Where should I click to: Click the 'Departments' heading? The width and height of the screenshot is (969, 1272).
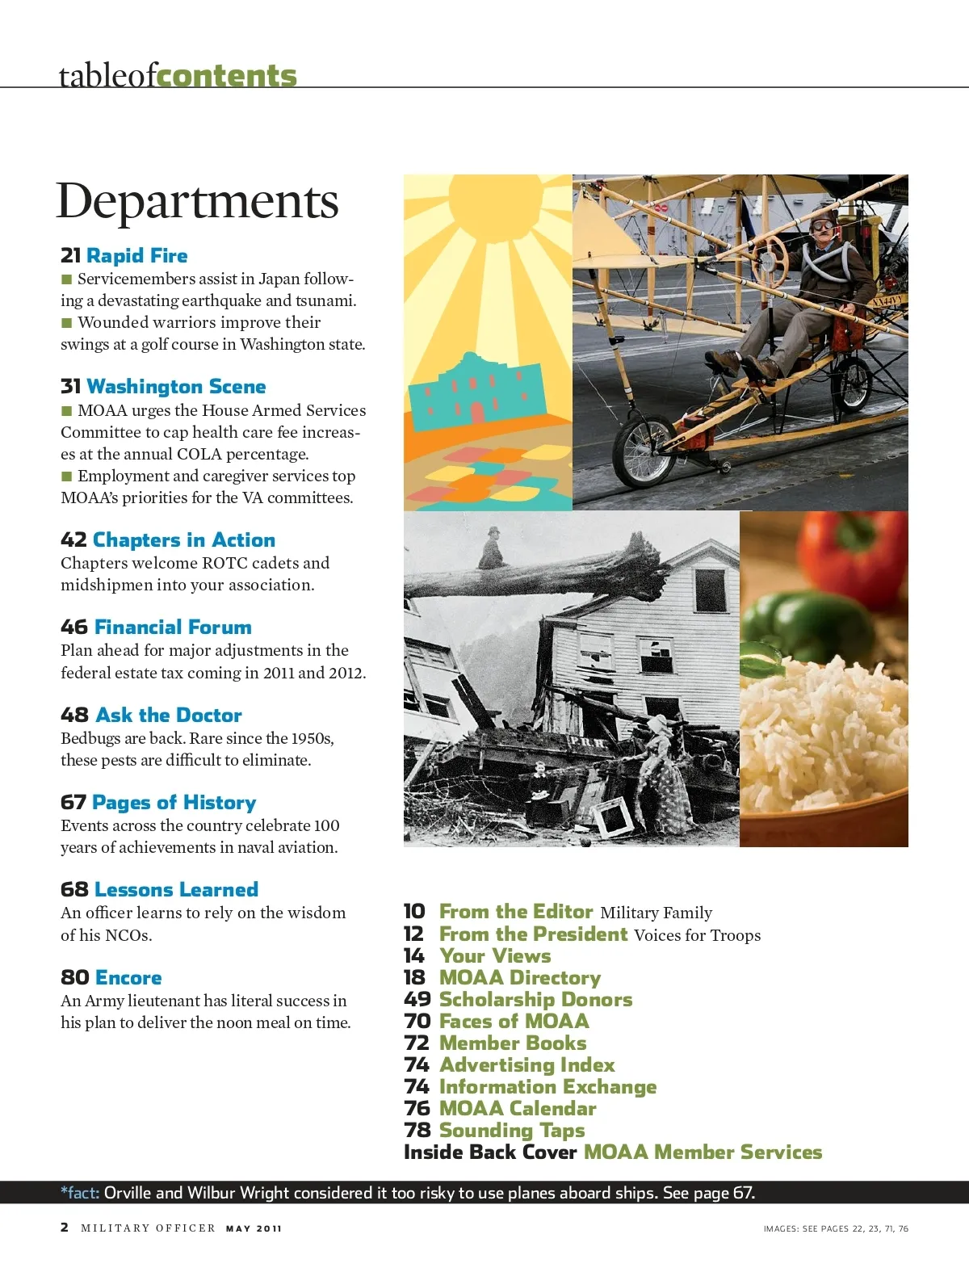coord(197,201)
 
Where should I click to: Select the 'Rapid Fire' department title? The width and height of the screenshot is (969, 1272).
coord(136,256)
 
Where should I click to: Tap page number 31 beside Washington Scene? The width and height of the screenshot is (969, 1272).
coord(70,387)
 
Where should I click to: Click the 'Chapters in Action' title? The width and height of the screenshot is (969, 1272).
coord(183,539)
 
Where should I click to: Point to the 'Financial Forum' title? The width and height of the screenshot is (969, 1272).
coord(172,628)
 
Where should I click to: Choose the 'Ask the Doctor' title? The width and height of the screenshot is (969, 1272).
coord(168,716)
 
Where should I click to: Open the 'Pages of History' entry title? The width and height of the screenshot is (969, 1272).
coord(174,803)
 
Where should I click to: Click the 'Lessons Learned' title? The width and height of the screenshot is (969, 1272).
coord(176,890)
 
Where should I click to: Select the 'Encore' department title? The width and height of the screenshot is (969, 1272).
coord(128,978)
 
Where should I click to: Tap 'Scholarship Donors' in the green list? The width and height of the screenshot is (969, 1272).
coord(535,1000)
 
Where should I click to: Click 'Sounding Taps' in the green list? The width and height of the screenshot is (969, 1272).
coord(512,1131)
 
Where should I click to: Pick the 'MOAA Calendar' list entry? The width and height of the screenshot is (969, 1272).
coord(518,1109)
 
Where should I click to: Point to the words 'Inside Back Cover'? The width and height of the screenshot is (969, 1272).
coord(490,1152)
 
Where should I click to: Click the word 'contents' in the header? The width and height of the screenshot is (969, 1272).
coord(227,76)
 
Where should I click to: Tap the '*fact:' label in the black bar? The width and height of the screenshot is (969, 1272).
coord(80,1193)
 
